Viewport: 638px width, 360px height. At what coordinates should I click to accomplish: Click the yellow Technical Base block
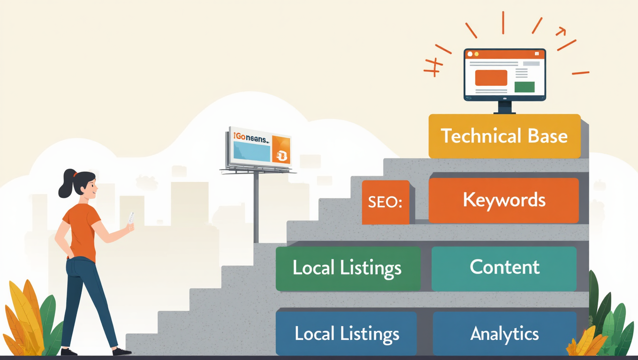504,136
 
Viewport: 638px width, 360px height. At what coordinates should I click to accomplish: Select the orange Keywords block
503,200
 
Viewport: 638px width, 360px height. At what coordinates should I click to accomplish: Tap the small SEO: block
386,202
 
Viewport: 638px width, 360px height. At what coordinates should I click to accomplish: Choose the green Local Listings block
348,268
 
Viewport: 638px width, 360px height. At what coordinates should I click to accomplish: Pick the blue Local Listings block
346,334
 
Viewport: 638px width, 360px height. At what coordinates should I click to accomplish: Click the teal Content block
504,268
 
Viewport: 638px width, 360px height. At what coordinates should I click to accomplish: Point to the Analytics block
504,334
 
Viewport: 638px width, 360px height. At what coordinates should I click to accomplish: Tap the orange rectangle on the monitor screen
491,77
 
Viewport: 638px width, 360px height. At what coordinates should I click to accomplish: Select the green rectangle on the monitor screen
524,87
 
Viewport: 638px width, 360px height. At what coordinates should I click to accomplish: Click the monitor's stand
504,107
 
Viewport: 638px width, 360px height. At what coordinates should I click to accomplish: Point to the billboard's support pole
256,206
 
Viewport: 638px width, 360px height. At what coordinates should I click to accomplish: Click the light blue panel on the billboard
251,151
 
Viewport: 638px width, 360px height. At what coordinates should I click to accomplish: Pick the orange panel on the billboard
281,151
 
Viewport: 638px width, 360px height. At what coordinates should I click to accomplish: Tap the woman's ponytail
65,185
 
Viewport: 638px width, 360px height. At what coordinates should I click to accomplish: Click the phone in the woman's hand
131,218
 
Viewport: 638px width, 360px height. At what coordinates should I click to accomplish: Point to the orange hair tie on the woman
74,174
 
